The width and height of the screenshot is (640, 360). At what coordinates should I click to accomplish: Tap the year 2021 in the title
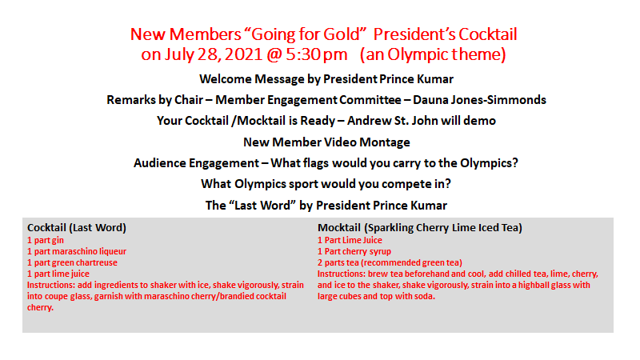pos(243,54)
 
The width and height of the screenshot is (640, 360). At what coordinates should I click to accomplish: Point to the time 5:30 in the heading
pos(302,54)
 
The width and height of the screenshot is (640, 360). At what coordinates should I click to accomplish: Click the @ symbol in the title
pos(274,54)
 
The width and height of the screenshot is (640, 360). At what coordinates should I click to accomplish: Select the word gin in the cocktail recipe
pos(58,241)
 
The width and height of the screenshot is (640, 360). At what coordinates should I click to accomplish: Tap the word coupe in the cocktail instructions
pos(54,296)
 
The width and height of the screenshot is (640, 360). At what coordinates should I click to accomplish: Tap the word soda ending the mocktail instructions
pos(426,296)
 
